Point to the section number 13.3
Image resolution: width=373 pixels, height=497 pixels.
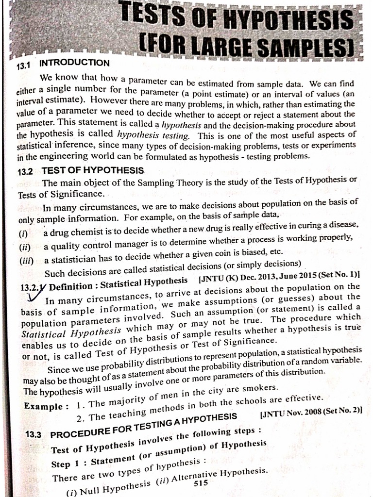coord(34,434)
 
